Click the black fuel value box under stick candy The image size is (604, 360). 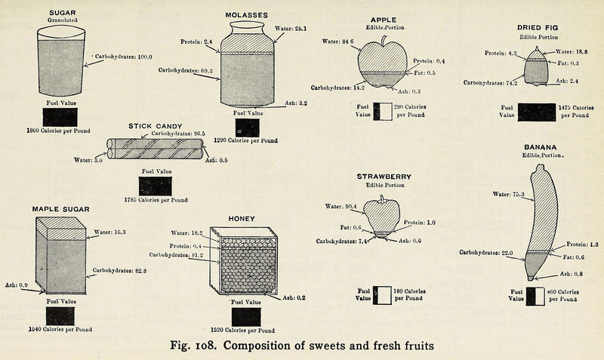click(155, 185)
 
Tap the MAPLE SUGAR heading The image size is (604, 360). click(61, 208)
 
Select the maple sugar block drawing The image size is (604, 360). click(63, 257)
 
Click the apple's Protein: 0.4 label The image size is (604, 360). click(430, 60)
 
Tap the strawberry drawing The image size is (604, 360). click(382, 217)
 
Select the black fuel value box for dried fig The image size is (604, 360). click(538, 112)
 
